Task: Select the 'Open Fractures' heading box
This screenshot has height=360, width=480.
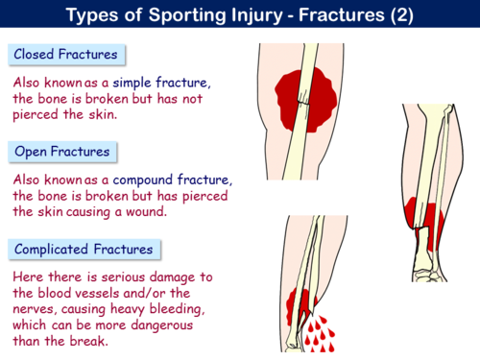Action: (63, 152)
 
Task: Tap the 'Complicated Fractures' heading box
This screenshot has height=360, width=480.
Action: (83, 250)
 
